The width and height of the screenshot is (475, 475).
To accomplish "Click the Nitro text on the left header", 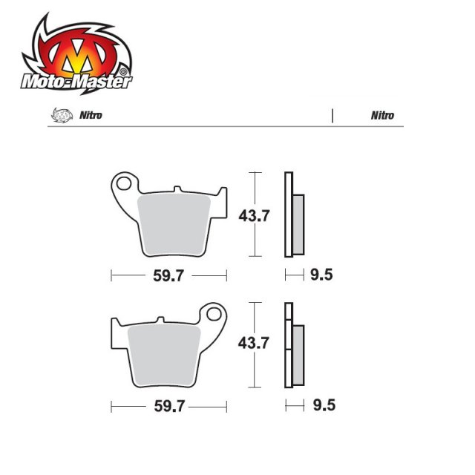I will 91,116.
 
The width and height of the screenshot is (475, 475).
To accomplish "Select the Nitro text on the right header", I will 383,116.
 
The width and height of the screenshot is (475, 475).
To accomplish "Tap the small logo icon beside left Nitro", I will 57,116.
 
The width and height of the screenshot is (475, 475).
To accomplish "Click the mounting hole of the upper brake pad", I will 125,182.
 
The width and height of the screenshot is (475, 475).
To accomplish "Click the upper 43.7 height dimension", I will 254,217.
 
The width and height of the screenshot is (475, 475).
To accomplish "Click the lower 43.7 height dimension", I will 254,344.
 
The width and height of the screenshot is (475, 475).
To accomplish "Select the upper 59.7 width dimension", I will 168,276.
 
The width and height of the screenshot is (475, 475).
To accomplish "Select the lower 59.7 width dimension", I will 168,407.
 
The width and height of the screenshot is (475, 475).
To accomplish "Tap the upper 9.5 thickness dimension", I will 321,276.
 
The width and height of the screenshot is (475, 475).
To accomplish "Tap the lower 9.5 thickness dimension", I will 321,407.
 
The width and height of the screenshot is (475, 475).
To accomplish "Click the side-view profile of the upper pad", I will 291,215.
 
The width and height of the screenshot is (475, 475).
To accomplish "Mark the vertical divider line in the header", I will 332,116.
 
